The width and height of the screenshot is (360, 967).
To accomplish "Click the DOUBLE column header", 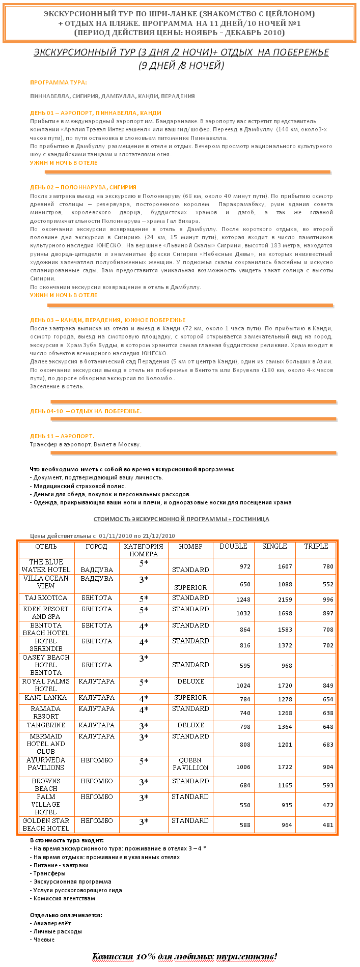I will pyautogui.click(x=233, y=546).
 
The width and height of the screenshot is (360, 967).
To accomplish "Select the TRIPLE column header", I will pyautogui.click(x=316, y=546).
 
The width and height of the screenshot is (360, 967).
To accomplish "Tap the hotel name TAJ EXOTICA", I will pyautogui.click(x=46, y=598).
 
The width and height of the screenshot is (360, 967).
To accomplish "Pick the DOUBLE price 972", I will pyautogui.click(x=245, y=566).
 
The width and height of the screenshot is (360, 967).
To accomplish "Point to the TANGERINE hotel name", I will pyautogui.click(x=46, y=725).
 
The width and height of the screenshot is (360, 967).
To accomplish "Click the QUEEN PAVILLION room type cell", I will pyautogui.click(x=190, y=764).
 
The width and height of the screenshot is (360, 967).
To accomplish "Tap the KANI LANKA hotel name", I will pyautogui.click(x=46, y=698).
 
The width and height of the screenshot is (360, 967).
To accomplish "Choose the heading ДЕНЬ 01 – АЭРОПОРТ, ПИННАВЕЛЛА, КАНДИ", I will pyautogui.click(x=96, y=113).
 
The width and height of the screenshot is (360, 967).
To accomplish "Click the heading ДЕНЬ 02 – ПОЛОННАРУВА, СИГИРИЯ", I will pyautogui.click(x=83, y=187).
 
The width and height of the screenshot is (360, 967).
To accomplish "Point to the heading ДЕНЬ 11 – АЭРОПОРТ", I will pyautogui.click(x=62, y=436).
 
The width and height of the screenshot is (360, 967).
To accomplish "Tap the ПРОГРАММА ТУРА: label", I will pyautogui.click(x=58, y=82).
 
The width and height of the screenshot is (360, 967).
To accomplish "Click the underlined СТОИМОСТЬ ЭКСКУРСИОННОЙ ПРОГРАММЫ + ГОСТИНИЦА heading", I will pyautogui.click(x=181, y=519).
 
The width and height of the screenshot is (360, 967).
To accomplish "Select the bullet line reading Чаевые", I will pyautogui.click(x=43, y=940).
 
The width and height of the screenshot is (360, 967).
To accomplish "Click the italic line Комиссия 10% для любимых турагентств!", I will pyautogui.click(x=184, y=956).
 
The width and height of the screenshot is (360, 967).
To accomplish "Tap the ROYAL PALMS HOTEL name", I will pyautogui.click(x=46, y=685).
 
